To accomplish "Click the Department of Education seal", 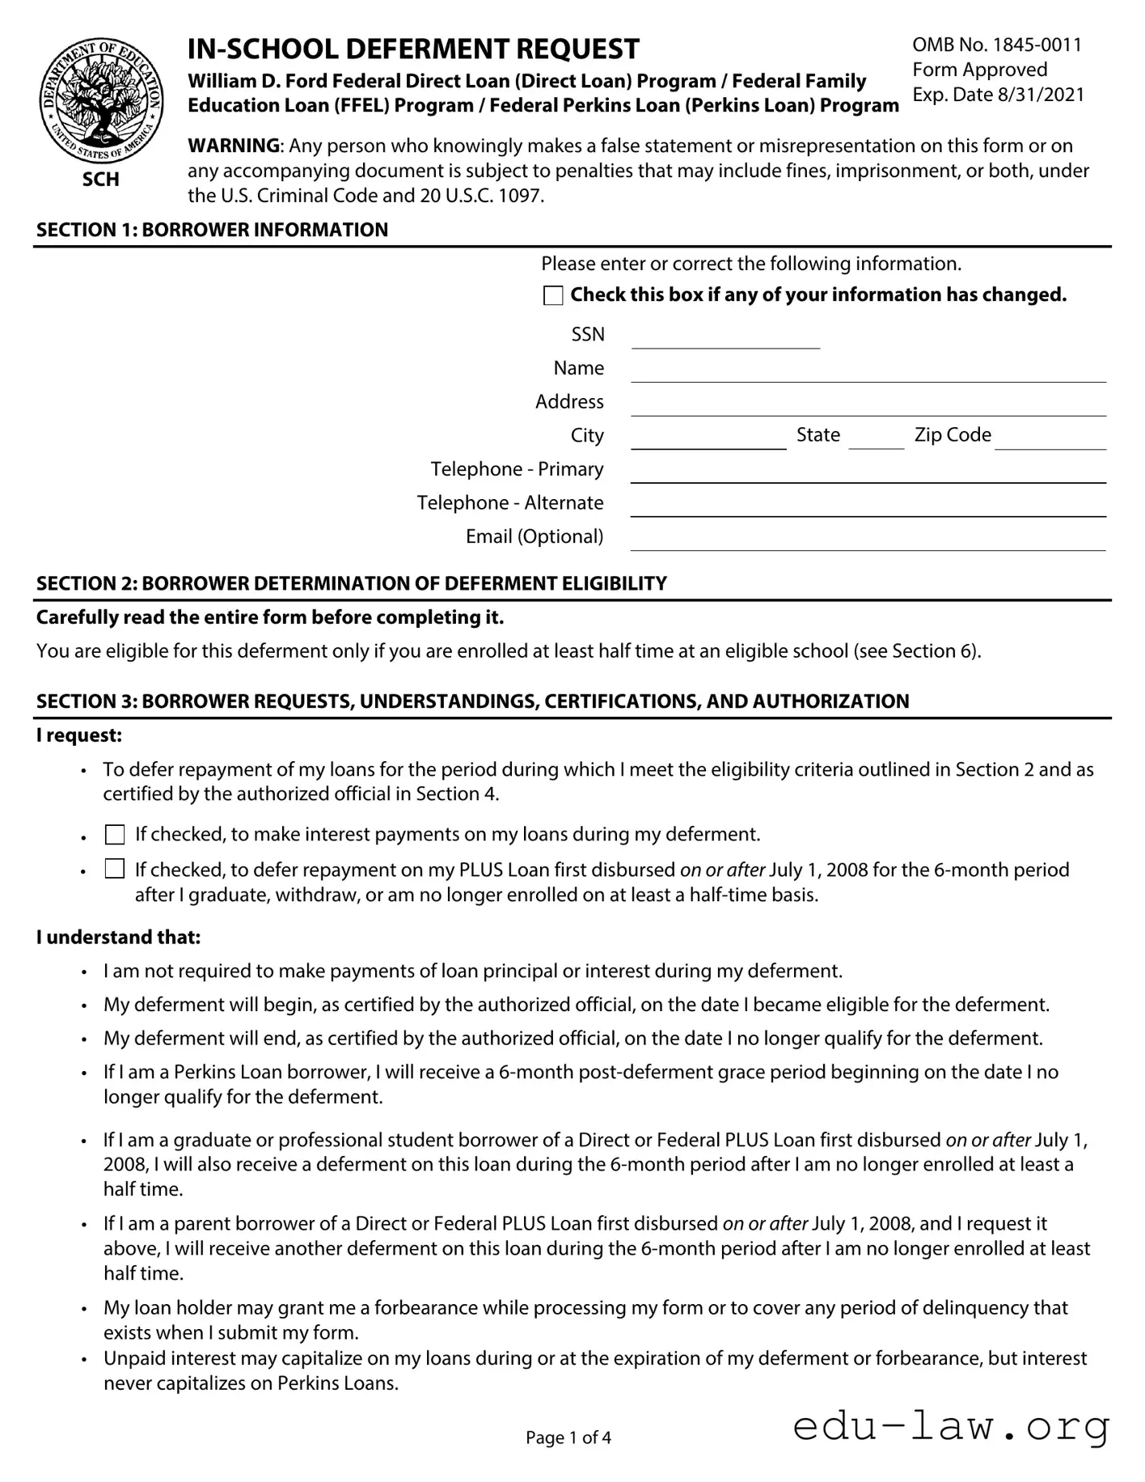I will coord(100,101).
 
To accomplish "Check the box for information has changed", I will coord(553,295).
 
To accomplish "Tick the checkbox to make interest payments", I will coord(115,834).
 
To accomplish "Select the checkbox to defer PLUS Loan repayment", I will coord(115,870).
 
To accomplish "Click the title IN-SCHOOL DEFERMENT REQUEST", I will coord(413,49).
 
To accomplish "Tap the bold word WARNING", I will coord(234,146).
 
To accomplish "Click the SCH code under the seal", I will coord(100,179).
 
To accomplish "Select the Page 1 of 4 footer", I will coord(568,1438).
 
